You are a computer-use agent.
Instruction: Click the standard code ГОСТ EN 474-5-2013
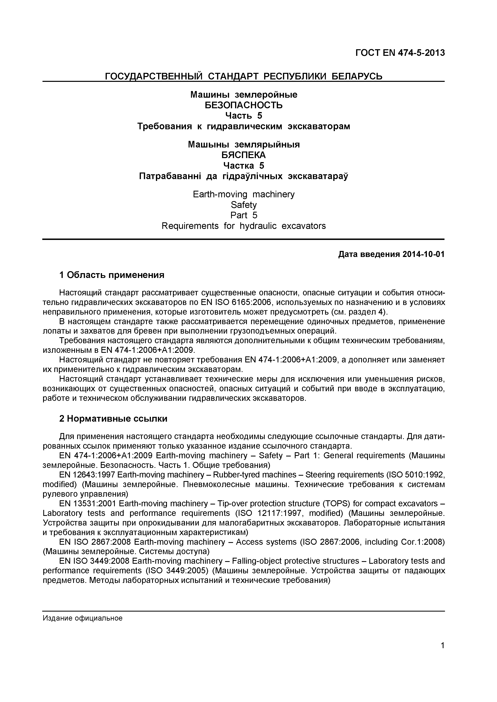(x=400, y=53)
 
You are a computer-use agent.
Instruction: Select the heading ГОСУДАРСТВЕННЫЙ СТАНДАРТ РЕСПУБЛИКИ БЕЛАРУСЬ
(x=243, y=76)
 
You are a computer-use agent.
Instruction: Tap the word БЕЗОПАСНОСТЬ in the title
(x=243, y=105)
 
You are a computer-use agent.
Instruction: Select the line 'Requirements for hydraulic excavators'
(x=243, y=226)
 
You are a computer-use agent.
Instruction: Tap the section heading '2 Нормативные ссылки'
(x=113, y=419)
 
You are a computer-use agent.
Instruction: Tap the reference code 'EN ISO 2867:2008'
(x=95, y=542)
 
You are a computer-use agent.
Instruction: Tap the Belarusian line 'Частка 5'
(x=243, y=165)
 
